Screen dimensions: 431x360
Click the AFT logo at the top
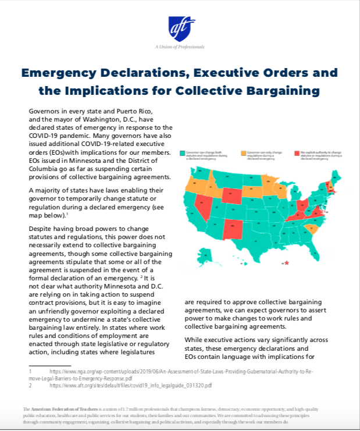(180, 27)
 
